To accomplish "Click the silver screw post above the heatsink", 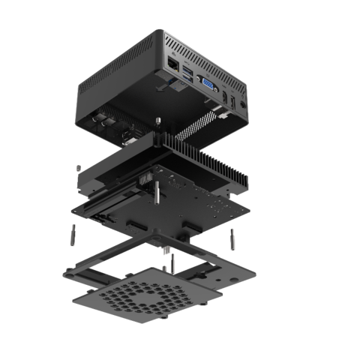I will pyautogui.click(x=159, y=121).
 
